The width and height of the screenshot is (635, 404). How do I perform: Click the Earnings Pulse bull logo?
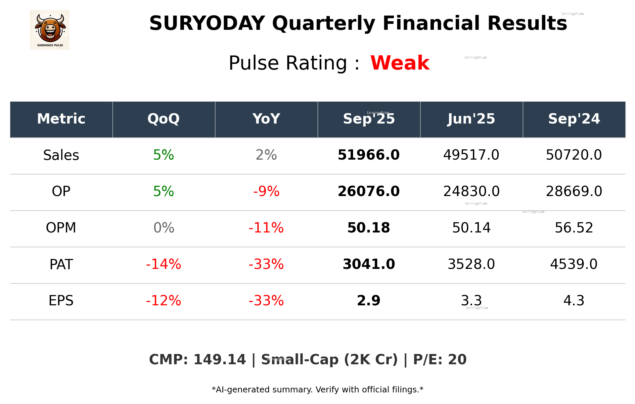point(50,29)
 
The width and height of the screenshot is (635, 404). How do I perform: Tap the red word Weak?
point(400,63)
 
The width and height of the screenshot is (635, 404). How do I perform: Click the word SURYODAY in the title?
point(207,24)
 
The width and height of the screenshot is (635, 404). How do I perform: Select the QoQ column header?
point(163,119)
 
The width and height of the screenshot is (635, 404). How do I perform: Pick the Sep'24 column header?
point(574,119)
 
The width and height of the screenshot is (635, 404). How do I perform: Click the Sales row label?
point(61,155)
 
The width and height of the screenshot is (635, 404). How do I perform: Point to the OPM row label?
point(61,228)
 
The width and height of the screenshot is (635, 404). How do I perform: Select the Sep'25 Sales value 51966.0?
point(369,155)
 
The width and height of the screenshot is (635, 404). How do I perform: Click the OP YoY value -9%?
point(266,191)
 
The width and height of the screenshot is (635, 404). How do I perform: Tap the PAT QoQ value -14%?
point(163,264)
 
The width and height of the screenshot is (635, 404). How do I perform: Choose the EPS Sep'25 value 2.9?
point(369,301)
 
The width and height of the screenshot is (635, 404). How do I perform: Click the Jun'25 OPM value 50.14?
point(471,228)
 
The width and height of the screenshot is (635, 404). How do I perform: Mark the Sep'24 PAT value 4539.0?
point(574,264)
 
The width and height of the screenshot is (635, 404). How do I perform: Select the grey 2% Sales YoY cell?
point(266,155)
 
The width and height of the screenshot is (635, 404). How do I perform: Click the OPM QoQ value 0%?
point(163,228)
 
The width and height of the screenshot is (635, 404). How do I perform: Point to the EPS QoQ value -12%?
point(163,301)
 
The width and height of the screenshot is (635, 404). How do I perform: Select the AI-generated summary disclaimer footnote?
point(317,390)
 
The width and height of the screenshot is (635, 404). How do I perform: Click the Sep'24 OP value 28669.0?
point(574,191)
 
